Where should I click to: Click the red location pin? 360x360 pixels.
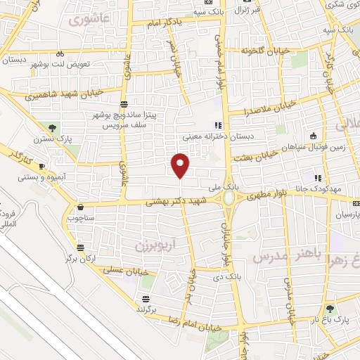tap(181, 165)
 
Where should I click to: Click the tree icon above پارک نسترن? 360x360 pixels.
tap(52, 127)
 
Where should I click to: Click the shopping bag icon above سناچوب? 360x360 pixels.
tap(82, 207)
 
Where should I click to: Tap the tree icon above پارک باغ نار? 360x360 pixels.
tap(328, 308)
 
